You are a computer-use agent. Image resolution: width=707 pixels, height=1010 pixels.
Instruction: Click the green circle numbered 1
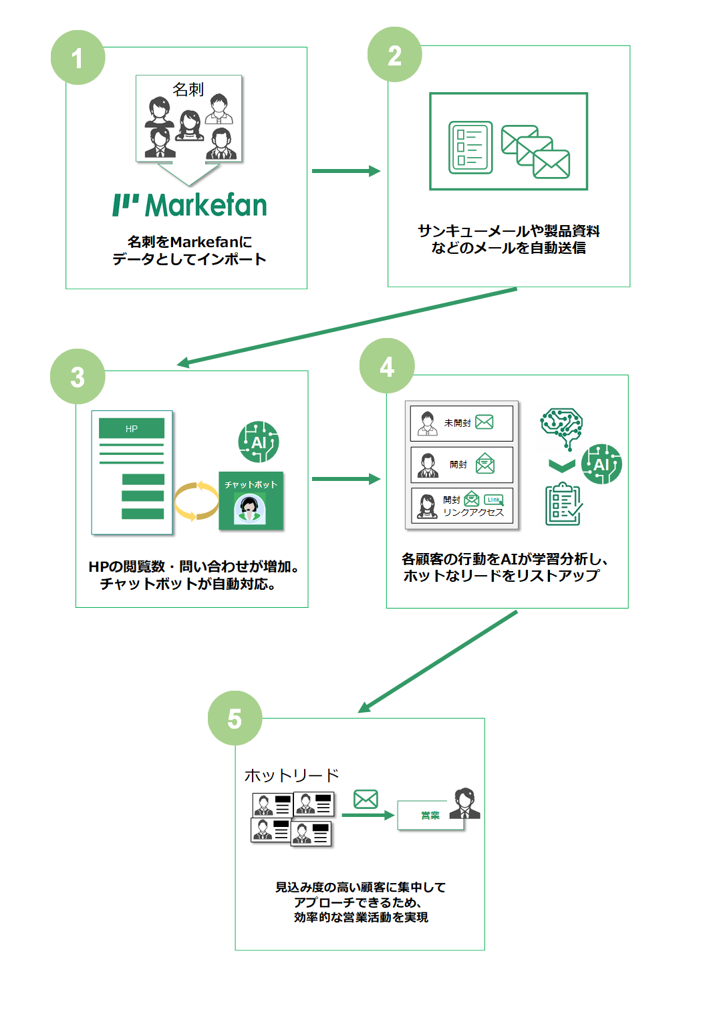pos(78,57)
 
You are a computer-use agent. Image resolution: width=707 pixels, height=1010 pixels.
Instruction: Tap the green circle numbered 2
pos(395,55)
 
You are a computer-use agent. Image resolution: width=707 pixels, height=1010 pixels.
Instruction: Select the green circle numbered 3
pos(78,377)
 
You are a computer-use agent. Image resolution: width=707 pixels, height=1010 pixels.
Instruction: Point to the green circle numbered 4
pos(387,365)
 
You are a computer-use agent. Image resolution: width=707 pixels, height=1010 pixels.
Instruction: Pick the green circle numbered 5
pos(235,718)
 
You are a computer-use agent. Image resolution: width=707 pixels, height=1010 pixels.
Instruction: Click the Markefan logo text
pos(190,205)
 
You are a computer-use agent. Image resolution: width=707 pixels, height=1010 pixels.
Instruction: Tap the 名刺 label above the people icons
pos(188,90)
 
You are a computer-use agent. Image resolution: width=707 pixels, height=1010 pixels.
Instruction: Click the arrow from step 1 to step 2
pos(346,171)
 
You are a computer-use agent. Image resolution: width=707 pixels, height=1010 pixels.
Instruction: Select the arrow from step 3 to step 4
pos(346,479)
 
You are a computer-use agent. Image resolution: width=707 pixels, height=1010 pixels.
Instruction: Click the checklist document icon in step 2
pos(470,148)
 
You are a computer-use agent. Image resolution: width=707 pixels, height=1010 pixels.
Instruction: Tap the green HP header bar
pos(131,428)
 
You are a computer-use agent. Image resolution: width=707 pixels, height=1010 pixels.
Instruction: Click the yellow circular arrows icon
pos(196,501)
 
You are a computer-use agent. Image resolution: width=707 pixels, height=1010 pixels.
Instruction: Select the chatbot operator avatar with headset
pos(249,509)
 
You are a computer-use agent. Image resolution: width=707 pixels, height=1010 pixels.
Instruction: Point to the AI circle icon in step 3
pos(259,442)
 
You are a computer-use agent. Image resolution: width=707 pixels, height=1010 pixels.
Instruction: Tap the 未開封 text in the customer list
pos(457,423)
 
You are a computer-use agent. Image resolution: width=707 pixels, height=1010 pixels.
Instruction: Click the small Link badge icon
pos(494,500)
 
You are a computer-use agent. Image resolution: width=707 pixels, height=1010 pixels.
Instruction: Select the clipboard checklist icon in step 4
pos(564,504)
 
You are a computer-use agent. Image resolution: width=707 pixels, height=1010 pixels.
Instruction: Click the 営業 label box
pos(430,815)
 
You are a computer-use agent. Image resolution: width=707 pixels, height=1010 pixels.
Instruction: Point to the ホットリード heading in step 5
pos(291,776)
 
